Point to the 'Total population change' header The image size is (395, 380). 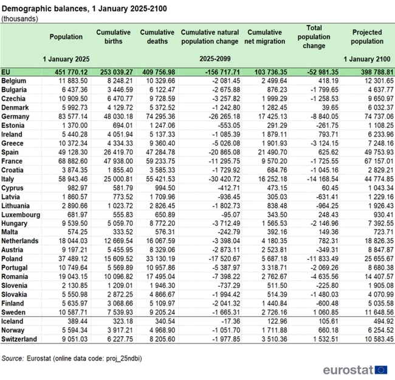pos(314,37)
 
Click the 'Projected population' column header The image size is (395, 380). pos(368,37)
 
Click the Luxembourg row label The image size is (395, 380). pos(21,215)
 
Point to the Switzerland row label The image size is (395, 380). pos(20,339)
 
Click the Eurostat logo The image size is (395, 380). pos(355,370)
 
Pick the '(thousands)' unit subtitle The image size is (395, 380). pos(21,18)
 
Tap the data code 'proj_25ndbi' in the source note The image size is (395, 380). pos(124,359)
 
